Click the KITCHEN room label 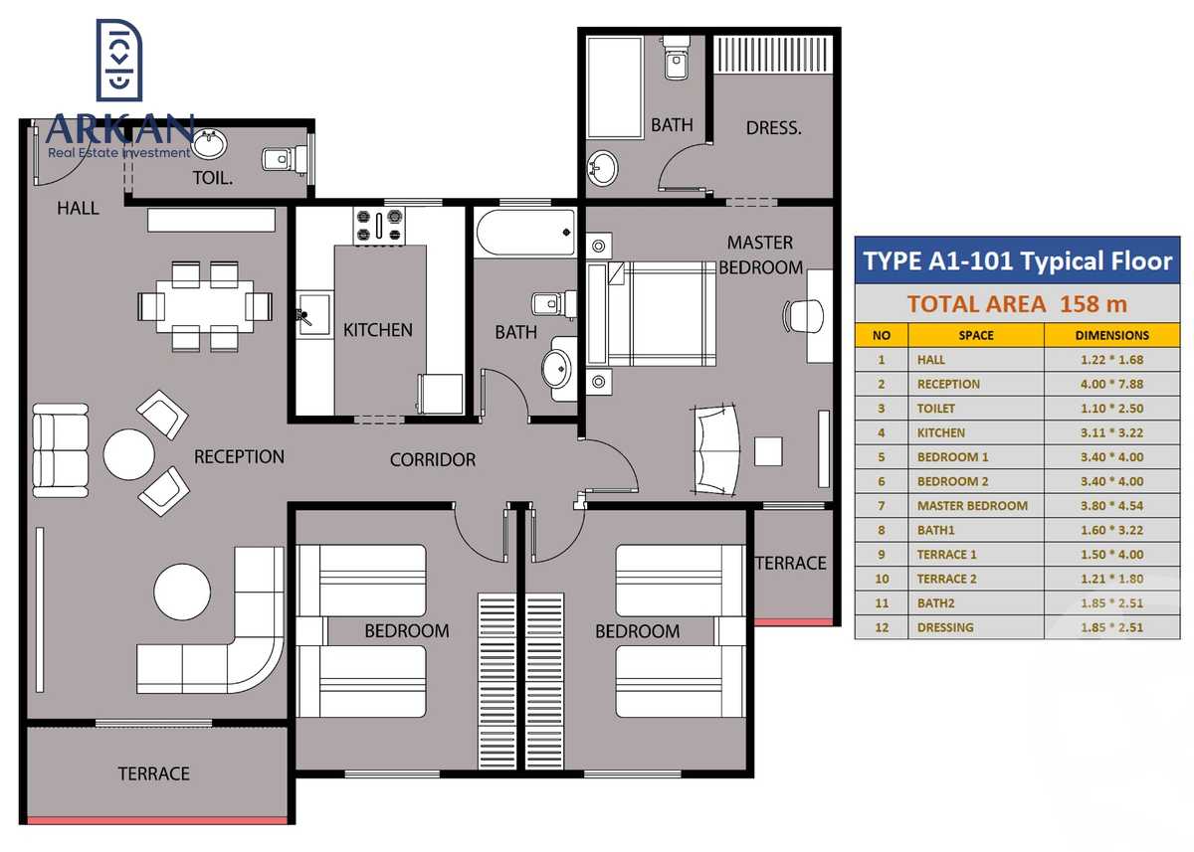pyautogui.click(x=377, y=330)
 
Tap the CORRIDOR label pyautogui.click(x=432, y=460)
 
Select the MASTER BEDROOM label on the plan pyautogui.click(x=760, y=255)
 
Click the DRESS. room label pyautogui.click(x=773, y=128)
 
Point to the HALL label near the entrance pyautogui.click(x=78, y=208)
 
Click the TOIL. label pyautogui.click(x=213, y=180)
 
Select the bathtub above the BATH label pyautogui.click(x=525, y=233)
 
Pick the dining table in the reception pyautogui.click(x=204, y=306)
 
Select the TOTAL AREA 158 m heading pyautogui.click(x=1017, y=304)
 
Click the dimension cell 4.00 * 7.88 pyautogui.click(x=1111, y=384)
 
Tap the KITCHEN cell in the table pyautogui.click(x=941, y=432)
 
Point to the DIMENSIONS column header pyautogui.click(x=1111, y=335)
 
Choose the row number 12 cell pyautogui.click(x=881, y=627)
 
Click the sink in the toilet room pyautogui.click(x=208, y=146)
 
